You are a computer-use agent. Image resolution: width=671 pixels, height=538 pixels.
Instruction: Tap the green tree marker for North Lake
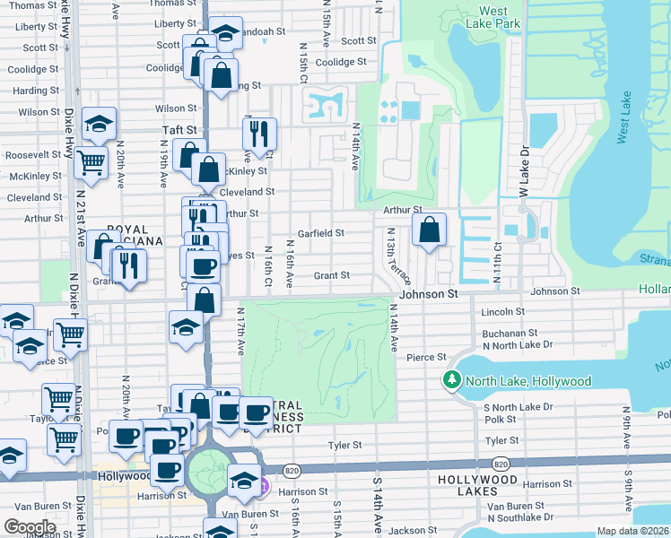451,381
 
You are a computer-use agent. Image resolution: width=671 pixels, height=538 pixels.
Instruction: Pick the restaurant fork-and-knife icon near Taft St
259,134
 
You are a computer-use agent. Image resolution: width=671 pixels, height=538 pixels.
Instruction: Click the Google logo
30,526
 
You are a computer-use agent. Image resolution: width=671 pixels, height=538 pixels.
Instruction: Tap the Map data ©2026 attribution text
632,531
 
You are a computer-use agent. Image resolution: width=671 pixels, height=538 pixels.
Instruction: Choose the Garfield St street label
322,233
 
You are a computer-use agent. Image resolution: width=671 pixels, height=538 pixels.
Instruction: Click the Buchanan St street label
509,333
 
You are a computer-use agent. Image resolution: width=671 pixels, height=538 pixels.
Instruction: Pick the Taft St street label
179,130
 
